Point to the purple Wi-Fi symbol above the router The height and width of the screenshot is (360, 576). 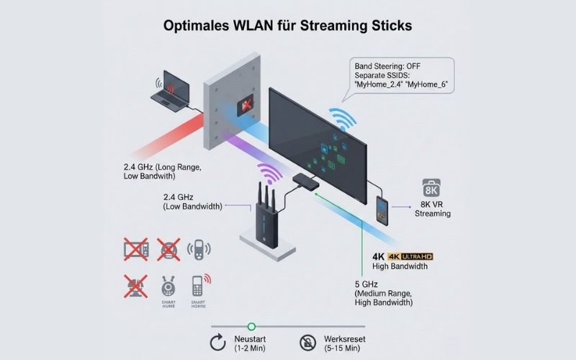271,174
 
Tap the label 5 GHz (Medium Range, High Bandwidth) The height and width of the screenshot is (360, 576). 384,293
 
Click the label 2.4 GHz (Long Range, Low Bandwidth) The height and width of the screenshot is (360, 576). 161,173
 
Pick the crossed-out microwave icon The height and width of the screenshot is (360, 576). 136,250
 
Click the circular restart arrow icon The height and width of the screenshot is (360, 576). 217,343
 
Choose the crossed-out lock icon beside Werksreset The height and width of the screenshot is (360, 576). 307,343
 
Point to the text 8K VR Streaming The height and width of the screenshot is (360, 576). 432,209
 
